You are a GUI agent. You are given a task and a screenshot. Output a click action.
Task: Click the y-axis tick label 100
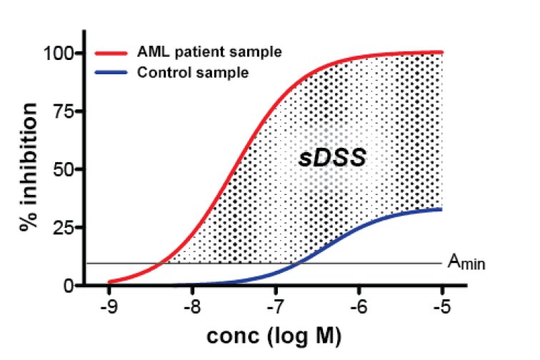(x=59, y=54)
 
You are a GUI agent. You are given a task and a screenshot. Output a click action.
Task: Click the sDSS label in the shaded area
(x=332, y=159)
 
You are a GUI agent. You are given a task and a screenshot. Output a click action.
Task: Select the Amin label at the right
(x=466, y=264)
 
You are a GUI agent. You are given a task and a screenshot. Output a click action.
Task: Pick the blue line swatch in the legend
(x=111, y=72)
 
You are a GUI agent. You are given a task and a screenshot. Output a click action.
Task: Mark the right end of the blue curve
(x=442, y=209)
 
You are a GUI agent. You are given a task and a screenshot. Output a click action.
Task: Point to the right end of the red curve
(x=442, y=51)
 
